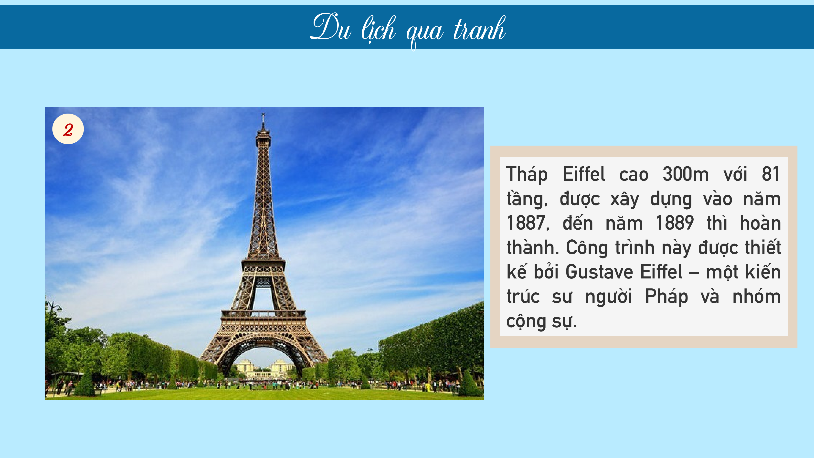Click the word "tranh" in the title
click(x=479, y=29)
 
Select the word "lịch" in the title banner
click(x=379, y=30)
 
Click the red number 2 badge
click(x=68, y=129)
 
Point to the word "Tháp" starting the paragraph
click(x=527, y=174)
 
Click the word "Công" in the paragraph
click(x=587, y=248)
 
